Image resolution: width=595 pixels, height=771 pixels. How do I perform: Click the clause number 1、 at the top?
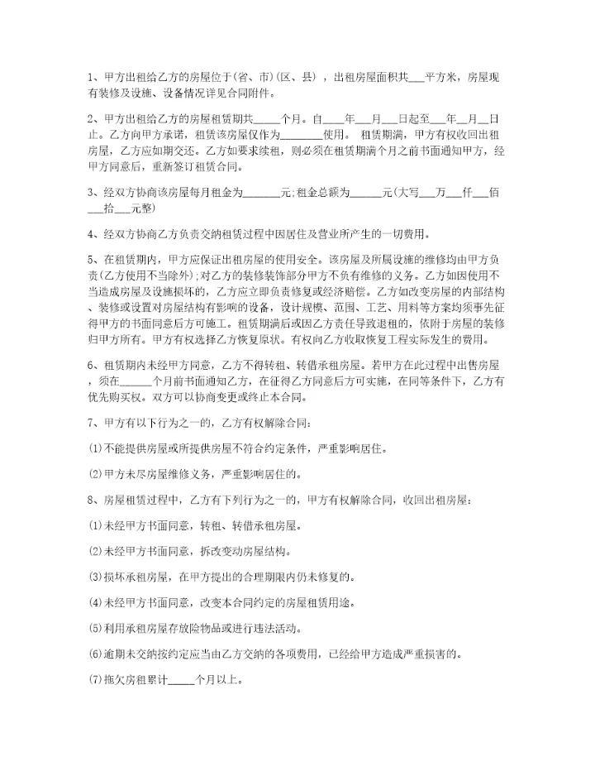(93, 78)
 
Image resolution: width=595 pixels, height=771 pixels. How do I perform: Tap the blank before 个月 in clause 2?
(268, 118)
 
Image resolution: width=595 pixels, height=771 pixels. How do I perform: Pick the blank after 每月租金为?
(262, 193)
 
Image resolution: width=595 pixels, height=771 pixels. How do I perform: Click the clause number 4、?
(93, 233)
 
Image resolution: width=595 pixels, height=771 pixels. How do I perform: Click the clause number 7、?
(93, 424)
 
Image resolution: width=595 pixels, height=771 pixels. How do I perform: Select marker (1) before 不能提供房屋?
(93, 450)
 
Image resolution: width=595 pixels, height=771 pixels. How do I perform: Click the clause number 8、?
(93, 500)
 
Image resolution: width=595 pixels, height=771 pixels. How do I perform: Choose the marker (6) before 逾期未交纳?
(93, 654)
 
